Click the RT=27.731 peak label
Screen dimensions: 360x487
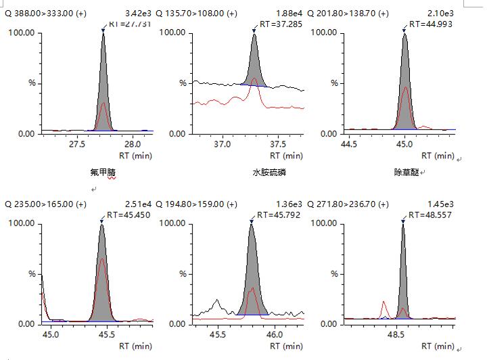(129, 24)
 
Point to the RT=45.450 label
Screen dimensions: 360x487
(129, 215)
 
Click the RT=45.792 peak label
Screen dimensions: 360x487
(278, 215)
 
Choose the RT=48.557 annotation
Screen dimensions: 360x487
(430, 215)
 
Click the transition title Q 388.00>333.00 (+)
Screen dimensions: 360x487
(45, 14)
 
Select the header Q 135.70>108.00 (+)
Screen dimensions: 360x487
(196, 14)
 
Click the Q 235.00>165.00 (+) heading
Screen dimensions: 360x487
(45, 204)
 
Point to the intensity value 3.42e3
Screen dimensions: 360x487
(139, 14)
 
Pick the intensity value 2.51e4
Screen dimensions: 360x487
(139, 204)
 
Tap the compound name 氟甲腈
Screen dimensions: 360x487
(98, 173)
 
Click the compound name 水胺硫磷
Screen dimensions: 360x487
(269, 173)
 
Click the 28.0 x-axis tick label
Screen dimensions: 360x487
(133, 144)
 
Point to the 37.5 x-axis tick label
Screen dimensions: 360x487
(278, 144)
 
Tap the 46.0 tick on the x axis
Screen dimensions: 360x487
(275, 334)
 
